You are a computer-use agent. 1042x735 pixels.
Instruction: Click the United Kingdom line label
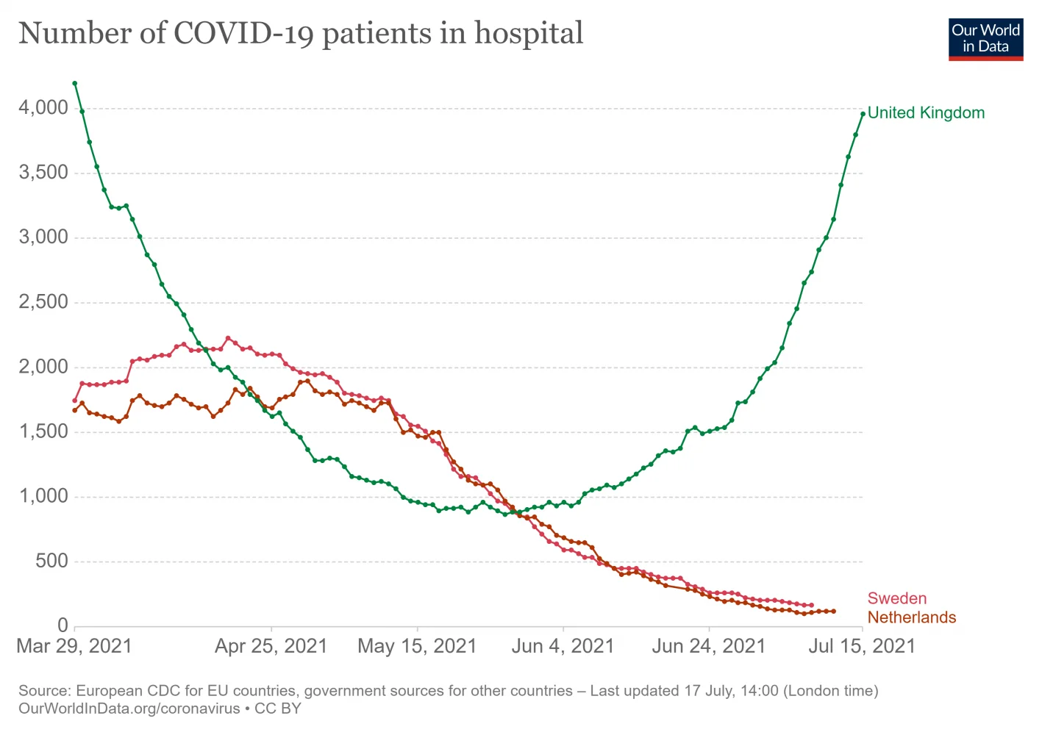coord(925,113)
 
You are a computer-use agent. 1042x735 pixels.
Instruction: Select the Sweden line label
coord(896,598)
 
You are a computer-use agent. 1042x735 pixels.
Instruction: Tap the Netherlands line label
coord(911,617)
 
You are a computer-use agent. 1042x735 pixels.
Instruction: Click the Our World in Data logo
coord(985,39)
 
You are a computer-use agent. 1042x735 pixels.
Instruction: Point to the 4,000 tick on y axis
coord(43,108)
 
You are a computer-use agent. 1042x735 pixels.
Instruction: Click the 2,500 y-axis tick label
coord(43,302)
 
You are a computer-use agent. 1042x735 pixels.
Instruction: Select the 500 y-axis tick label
coord(51,562)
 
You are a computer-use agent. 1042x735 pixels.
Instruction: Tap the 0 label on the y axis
coord(63,625)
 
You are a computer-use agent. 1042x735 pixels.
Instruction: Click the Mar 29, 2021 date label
coord(74,646)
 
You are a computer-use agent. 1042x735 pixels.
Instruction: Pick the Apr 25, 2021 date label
coord(271,646)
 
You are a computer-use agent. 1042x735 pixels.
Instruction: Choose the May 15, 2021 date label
coord(417,646)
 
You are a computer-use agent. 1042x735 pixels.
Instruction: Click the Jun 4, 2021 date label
coord(563,646)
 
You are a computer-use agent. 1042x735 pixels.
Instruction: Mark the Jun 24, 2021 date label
coord(708,646)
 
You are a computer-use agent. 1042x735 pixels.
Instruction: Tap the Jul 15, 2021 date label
coord(862,646)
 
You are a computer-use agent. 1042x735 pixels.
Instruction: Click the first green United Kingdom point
coord(75,84)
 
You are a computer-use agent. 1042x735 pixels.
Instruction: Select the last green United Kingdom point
coord(863,114)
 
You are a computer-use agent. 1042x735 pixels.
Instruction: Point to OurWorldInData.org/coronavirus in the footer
coord(129,709)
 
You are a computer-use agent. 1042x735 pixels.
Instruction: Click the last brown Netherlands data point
coord(833,611)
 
